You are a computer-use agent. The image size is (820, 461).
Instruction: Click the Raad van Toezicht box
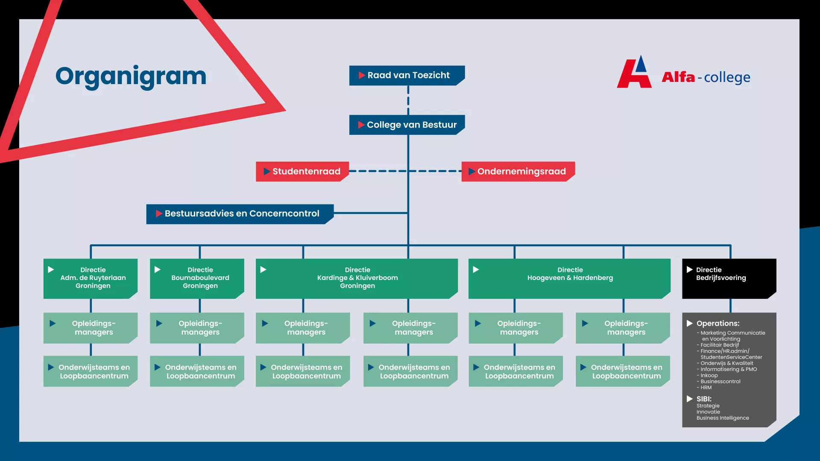[x=407, y=76]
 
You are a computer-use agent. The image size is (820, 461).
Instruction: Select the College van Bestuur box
[x=407, y=125]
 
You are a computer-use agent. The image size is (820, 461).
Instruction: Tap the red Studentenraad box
[x=302, y=172]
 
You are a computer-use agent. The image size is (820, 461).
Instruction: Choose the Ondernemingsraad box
[x=518, y=172]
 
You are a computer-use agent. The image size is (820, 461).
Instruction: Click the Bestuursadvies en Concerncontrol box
[x=240, y=214]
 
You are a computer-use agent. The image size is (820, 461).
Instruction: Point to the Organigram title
[x=131, y=76]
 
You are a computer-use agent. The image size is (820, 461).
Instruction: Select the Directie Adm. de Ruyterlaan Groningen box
[x=91, y=278]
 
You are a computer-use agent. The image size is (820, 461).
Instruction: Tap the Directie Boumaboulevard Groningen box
[x=197, y=278]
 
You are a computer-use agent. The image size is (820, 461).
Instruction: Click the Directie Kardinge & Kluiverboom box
[x=357, y=278]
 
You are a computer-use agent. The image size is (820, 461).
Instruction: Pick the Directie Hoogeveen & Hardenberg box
[x=569, y=278]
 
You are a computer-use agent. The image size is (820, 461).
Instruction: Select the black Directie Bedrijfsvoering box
[x=729, y=278]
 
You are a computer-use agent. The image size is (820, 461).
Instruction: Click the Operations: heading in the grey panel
[x=718, y=324]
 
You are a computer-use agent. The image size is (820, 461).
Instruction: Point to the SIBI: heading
[x=704, y=399]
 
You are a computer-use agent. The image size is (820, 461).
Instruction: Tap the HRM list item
[x=706, y=388]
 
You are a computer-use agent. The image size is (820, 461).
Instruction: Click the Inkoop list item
[x=709, y=376]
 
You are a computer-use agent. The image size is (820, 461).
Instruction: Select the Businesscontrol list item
[x=720, y=382]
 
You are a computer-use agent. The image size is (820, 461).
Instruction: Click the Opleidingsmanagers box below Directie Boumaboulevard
[x=197, y=328]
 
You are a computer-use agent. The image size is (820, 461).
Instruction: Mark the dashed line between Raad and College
[x=408, y=100]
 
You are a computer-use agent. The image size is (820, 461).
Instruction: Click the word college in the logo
[x=727, y=78]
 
